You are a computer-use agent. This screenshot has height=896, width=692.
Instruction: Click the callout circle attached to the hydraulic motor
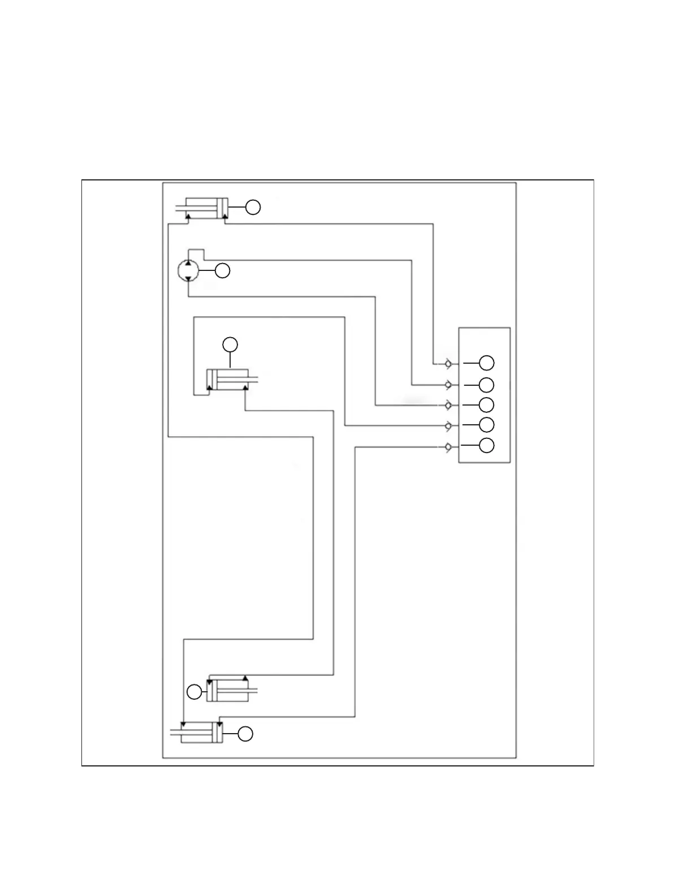click(x=223, y=271)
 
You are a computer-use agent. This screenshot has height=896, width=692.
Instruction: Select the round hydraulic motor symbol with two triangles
click(x=188, y=271)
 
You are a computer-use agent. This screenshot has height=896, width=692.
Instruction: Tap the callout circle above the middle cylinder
click(x=230, y=344)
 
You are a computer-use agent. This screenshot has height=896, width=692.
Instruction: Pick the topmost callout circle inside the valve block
click(x=486, y=363)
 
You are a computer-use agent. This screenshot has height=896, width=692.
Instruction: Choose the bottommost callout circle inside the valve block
click(x=486, y=445)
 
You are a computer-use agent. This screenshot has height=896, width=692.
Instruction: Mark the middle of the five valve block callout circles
click(x=486, y=405)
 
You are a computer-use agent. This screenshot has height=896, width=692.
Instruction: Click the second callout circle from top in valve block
click(x=486, y=385)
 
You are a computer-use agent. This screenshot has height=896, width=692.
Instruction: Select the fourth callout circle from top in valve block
click(x=486, y=425)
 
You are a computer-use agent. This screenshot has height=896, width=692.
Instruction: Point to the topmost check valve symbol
click(x=447, y=363)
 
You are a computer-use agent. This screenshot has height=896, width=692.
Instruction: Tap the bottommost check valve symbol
click(x=447, y=446)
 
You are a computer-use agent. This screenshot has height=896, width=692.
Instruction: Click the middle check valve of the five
click(x=447, y=405)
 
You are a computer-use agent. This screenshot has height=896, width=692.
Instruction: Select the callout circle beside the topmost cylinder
click(x=253, y=208)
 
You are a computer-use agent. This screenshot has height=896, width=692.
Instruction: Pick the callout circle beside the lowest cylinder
click(x=245, y=734)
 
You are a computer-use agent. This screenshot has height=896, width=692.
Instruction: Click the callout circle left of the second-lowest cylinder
click(x=194, y=691)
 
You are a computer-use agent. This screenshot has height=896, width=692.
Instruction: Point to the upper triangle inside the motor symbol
click(x=188, y=264)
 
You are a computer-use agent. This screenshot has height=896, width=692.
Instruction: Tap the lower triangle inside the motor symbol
click(x=188, y=278)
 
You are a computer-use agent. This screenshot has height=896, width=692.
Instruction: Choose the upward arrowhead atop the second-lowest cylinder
click(x=245, y=678)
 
